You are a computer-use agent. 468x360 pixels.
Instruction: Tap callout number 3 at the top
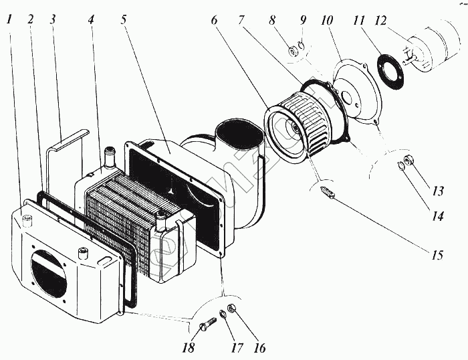pos(53,19)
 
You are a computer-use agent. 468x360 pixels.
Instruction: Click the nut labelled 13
pos(414,167)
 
